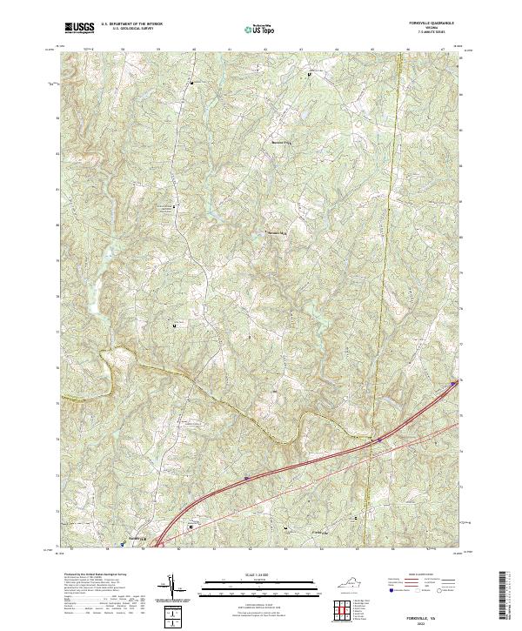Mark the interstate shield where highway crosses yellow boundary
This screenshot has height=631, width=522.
click(x=378, y=440)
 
